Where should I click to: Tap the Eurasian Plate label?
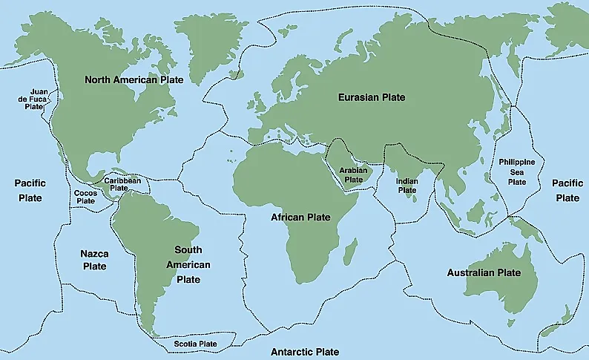point(372,97)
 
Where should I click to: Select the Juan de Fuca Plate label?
point(36,99)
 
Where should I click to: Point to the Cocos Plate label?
point(86,197)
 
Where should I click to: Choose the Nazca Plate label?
point(94,260)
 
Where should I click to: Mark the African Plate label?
point(300,217)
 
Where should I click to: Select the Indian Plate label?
point(407,185)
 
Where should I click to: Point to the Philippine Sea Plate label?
point(517,171)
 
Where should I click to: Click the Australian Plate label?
point(483,273)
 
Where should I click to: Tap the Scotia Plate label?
point(196,344)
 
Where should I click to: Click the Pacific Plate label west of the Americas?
point(30,190)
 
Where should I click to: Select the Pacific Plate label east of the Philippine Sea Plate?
point(567,190)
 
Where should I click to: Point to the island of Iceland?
point(237,73)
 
